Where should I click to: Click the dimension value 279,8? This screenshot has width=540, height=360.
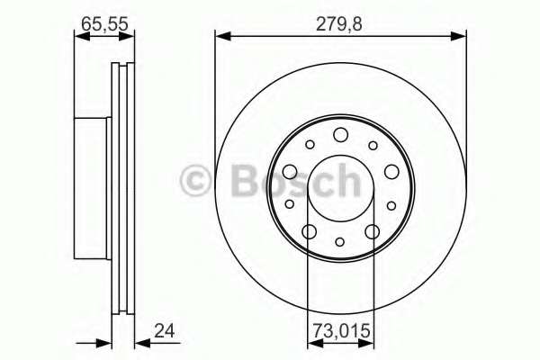pos(339,24)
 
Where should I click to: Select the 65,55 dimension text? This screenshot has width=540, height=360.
pos(104,23)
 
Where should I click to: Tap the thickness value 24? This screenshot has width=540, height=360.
pos(165,330)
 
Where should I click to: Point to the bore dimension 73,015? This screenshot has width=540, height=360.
pos(341,330)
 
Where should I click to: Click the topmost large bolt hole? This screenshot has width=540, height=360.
pos(340,134)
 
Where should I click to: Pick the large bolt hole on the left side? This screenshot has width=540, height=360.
pos(290,172)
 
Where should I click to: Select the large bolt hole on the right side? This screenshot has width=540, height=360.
pos(391,172)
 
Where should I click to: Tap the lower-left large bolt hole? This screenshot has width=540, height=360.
pos(309,231)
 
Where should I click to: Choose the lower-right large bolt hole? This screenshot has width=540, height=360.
pos(373,231)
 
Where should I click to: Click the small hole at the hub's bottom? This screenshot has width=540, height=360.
pos(340,242)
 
